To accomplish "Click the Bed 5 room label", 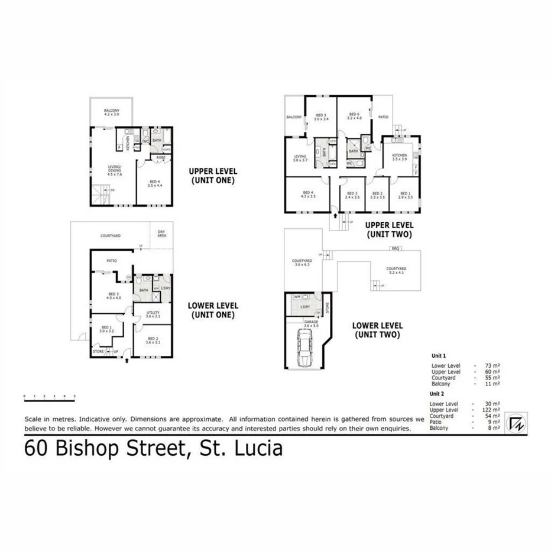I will click(321, 116).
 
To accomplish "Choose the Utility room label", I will click(152, 315).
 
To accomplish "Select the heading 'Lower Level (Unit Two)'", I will click(377, 330).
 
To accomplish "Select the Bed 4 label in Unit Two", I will click(307, 194).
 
